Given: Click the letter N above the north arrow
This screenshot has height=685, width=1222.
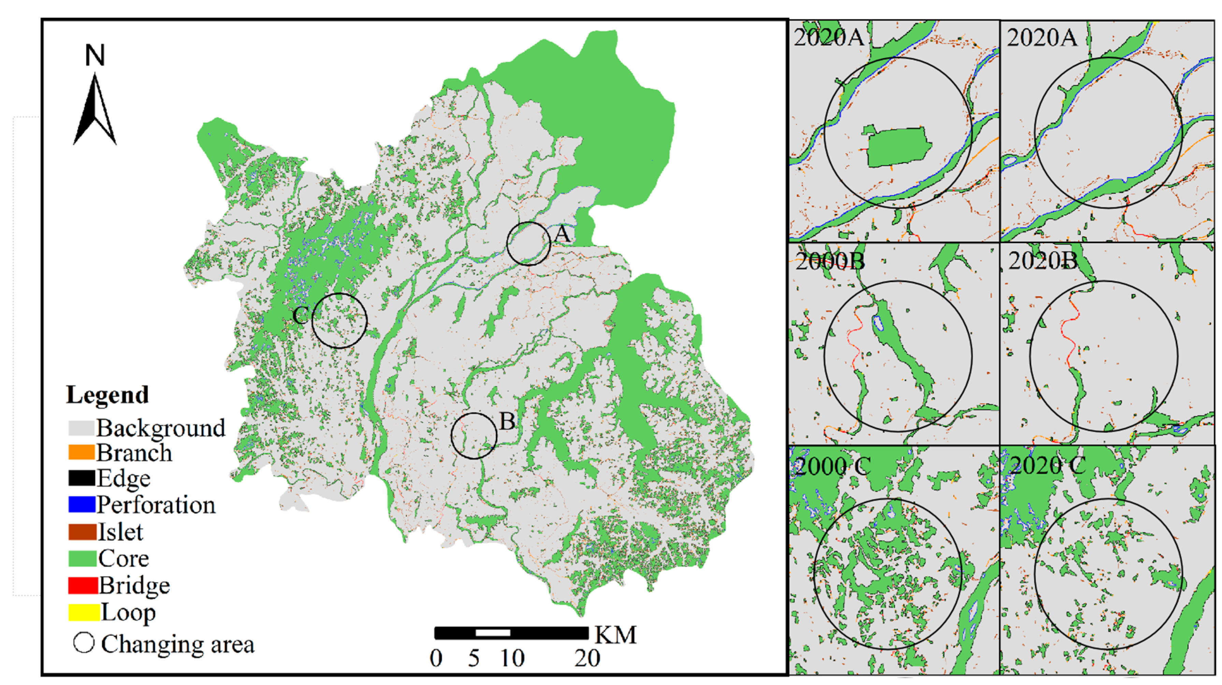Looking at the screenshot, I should pos(95,56).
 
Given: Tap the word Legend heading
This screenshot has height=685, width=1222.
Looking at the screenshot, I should pos(108,395).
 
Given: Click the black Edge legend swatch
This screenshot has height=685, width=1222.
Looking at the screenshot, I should pos(82,478).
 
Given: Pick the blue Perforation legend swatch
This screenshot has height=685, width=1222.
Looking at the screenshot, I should pos(82,504).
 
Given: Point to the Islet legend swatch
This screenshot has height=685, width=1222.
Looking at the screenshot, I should pos(82,531).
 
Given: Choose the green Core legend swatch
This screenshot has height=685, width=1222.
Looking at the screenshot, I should pos(82,558).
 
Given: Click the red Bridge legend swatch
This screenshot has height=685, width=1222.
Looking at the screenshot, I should pos(82,585).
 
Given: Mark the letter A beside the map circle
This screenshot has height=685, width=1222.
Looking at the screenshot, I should pos(562,234).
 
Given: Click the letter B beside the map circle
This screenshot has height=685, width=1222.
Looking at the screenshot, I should pos(507,421).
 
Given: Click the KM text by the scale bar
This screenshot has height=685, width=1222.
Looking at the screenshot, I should pos(615,635).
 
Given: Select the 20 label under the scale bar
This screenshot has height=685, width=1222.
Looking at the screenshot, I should pos(587,658).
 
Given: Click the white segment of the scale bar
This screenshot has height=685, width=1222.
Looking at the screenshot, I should pos(493,633).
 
